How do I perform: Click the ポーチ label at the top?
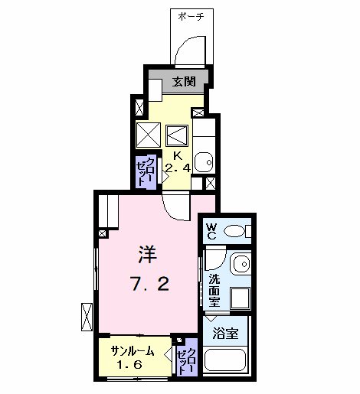click(x=191, y=17)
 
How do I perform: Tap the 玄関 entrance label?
click(x=184, y=82)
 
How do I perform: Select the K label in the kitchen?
click(x=178, y=156)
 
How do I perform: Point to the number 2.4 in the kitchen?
click(x=178, y=168)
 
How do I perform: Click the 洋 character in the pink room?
click(x=148, y=254)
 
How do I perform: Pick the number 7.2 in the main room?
click(x=150, y=284)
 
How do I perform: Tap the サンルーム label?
click(x=133, y=352)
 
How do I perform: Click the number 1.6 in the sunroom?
click(x=129, y=365)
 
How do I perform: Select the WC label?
click(x=211, y=232)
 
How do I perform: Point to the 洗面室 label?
click(x=214, y=290)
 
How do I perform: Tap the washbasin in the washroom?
click(x=241, y=264)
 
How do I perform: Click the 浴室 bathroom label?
click(x=225, y=333)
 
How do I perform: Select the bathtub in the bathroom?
click(x=225, y=360)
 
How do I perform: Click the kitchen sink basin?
click(x=204, y=162)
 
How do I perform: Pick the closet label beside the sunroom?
click(x=188, y=361)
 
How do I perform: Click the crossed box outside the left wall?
click(x=87, y=317)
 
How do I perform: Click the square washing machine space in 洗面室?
click(x=241, y=298)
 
